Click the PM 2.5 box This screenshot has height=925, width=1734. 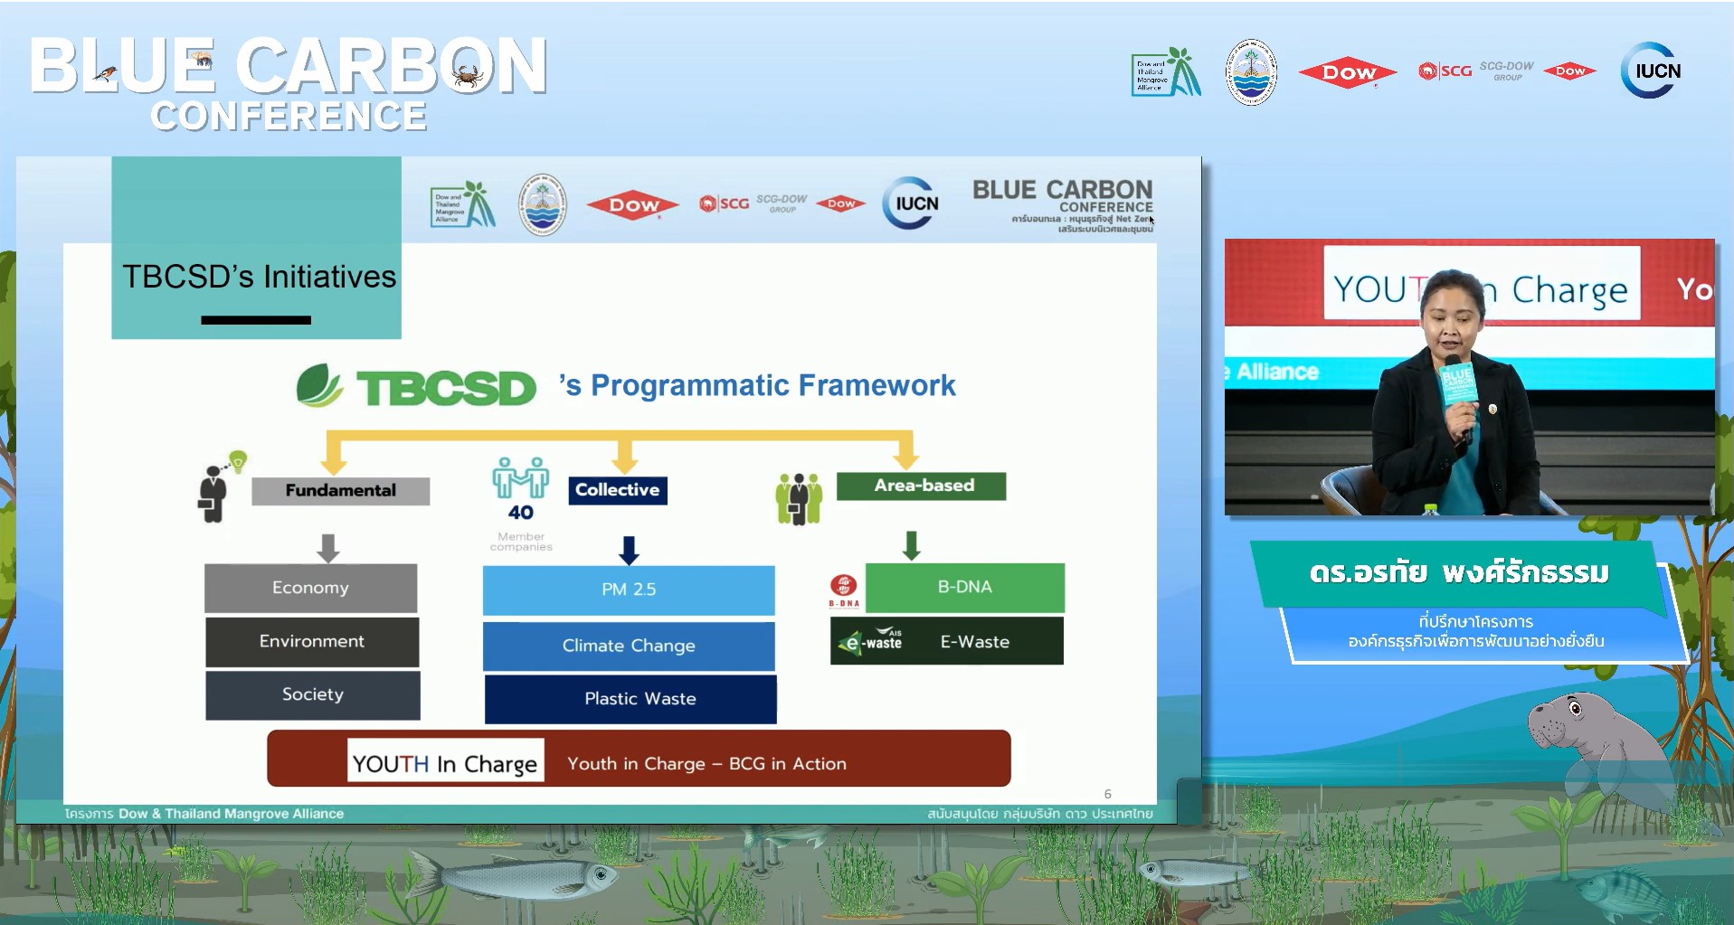[629, 590]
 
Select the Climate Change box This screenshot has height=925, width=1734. [629, 646]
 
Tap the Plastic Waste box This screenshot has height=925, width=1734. [630, 698]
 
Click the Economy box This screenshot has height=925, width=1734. [310, 588]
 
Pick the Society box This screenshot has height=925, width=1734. [312, 694]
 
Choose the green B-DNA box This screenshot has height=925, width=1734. [964, 587]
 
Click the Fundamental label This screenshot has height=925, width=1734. [340, 490]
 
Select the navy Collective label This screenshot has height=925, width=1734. [617, 489]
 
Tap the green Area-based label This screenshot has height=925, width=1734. [921, 486]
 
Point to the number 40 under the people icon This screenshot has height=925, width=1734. [520, 513]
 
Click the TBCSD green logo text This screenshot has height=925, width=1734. [446, 388]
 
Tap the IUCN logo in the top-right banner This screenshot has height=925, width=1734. [1651, 71]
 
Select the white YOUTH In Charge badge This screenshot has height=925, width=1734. [446, 762]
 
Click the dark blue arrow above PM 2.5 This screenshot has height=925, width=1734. [629, 549]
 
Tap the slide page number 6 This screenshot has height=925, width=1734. [1107, 794]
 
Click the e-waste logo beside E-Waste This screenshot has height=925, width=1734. [871, 641]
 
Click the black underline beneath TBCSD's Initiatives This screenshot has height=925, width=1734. [256, 320]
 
